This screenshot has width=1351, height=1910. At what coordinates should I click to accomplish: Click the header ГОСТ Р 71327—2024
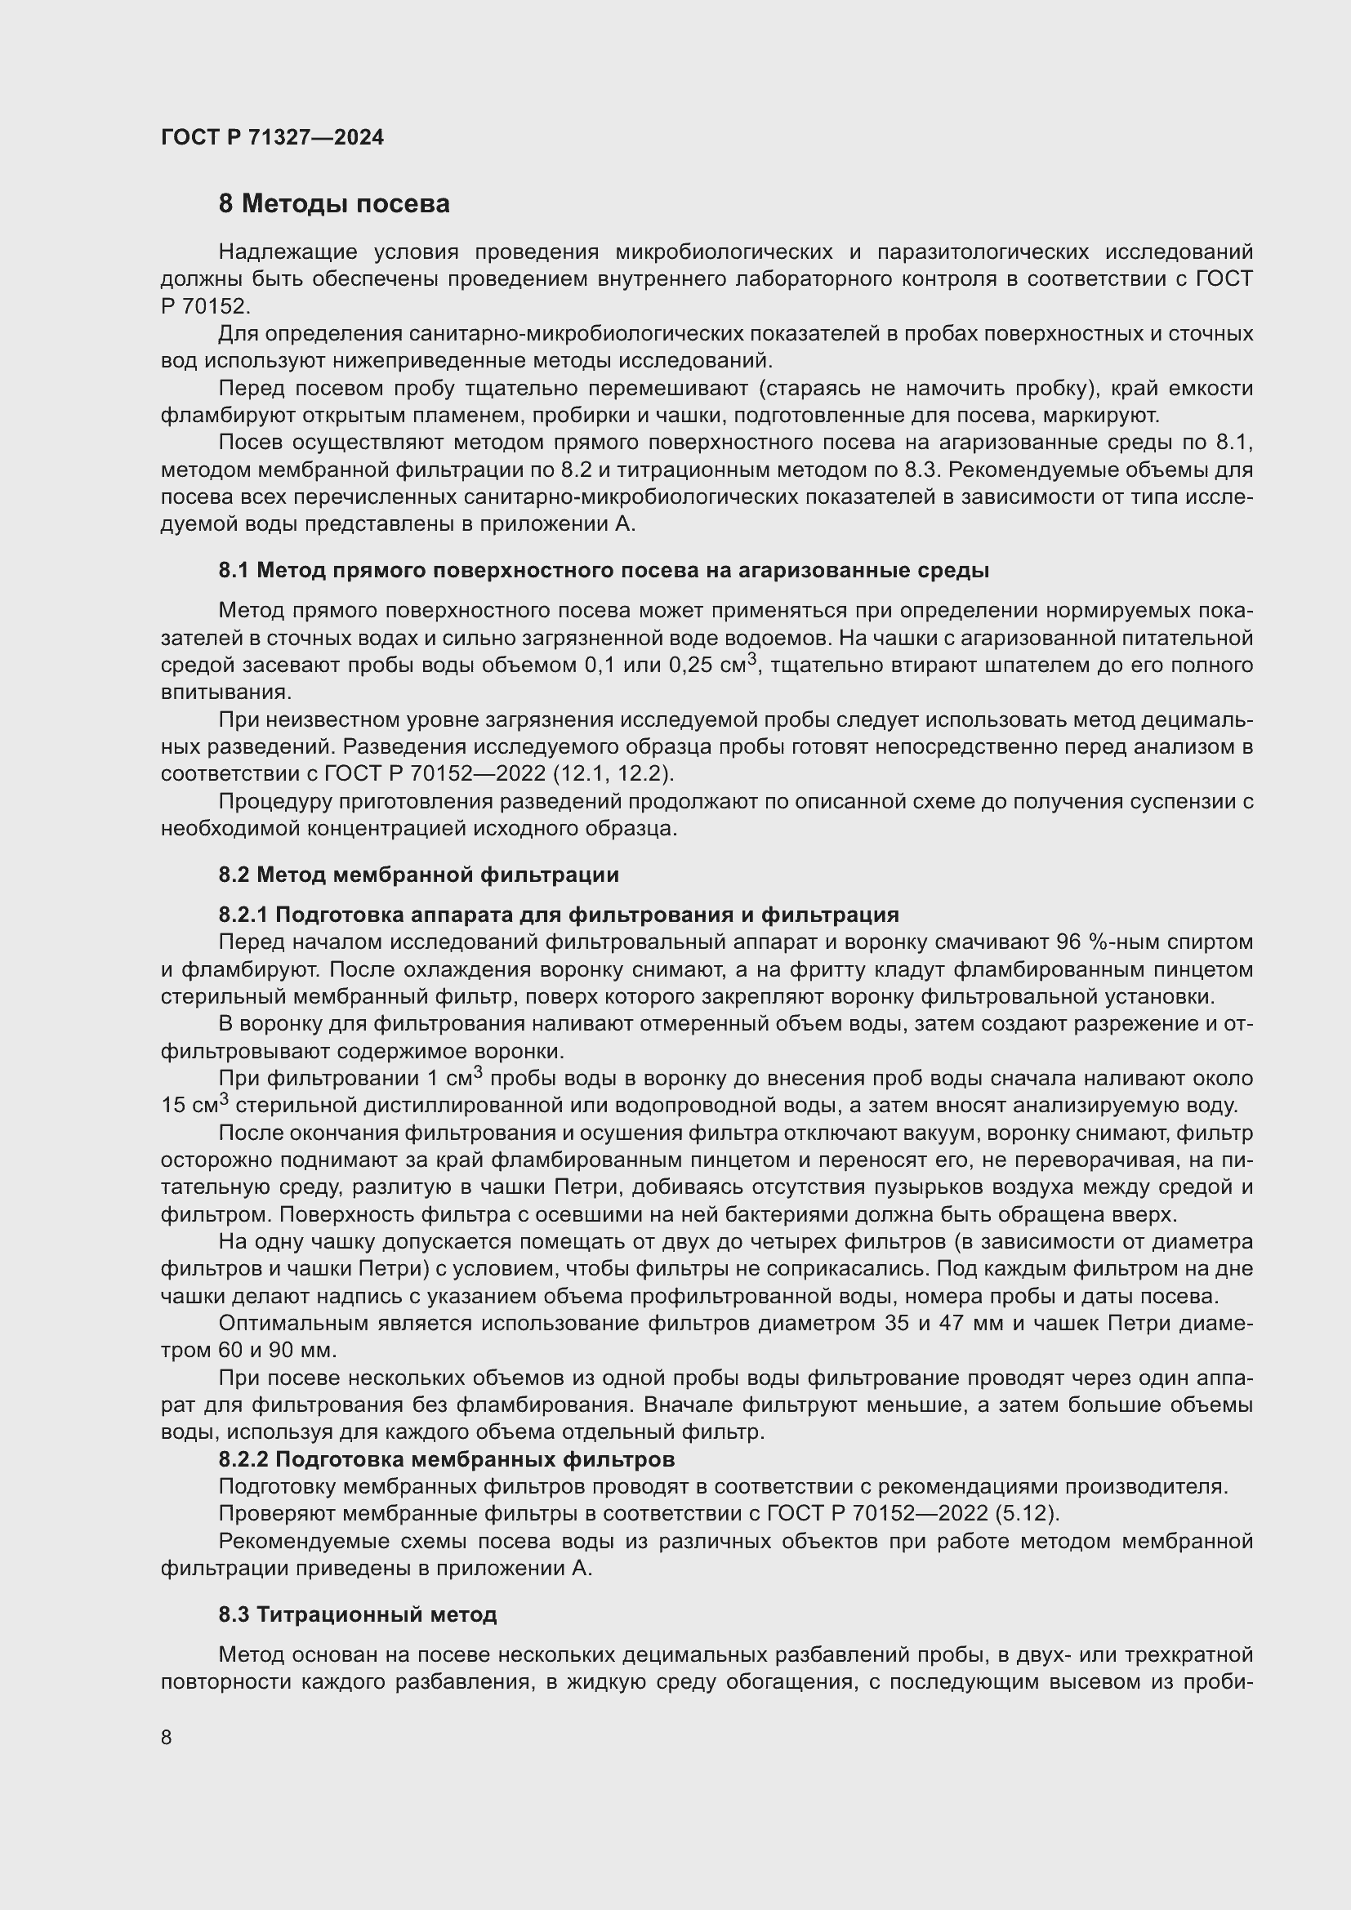272,137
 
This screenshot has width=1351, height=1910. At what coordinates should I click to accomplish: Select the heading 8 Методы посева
333,204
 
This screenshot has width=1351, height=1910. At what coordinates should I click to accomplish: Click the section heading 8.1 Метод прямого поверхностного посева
603,571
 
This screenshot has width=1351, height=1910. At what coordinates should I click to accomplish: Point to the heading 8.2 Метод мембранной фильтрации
418,875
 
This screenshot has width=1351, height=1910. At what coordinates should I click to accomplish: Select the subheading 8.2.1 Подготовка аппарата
558,915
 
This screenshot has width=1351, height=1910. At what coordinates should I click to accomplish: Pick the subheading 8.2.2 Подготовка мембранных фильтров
446,1459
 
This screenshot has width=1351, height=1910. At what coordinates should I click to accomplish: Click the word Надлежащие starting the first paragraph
287,252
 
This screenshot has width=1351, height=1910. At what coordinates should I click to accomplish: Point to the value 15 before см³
175,1106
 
